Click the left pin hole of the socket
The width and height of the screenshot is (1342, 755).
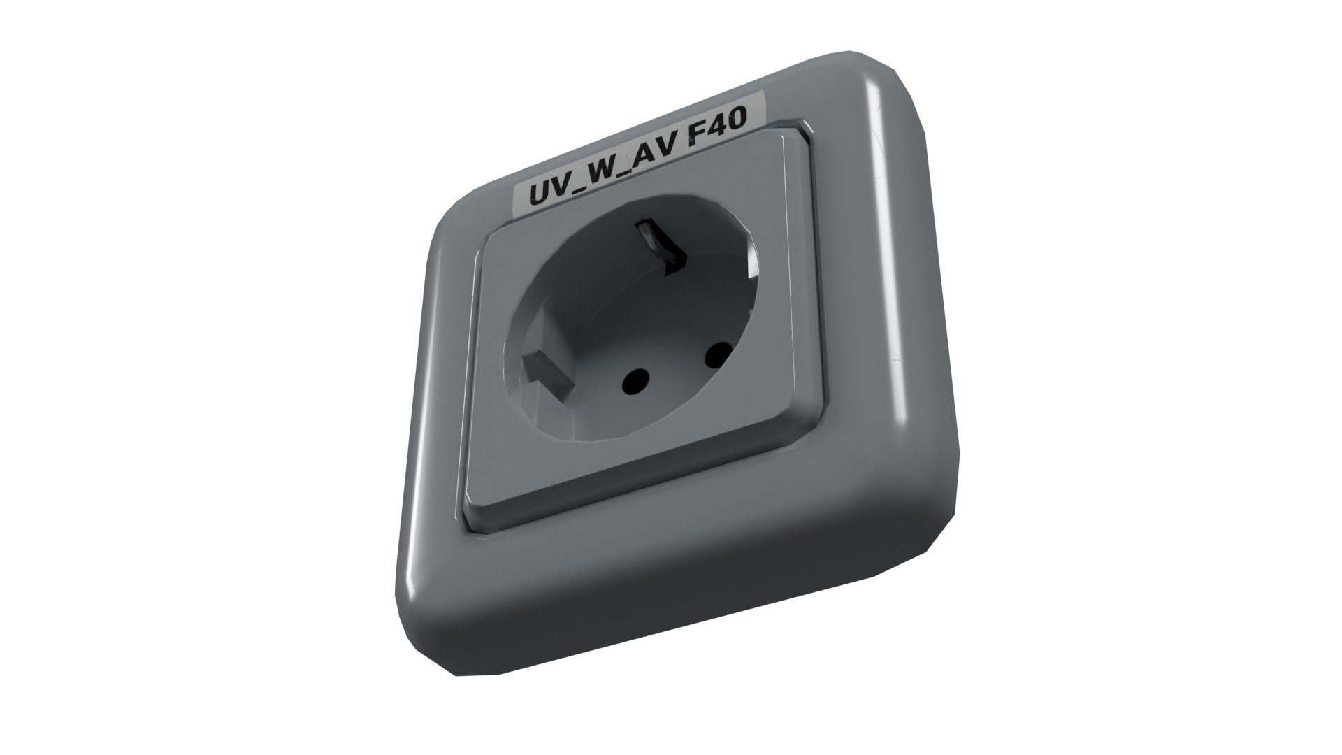(634, 381)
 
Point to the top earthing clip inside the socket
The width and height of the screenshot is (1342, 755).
(661, 249)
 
